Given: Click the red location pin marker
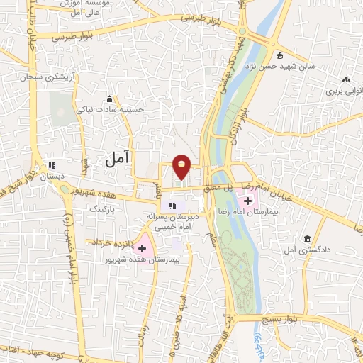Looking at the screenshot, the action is click(x=182, y=166).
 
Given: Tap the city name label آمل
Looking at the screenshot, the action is click(x=118, y=160).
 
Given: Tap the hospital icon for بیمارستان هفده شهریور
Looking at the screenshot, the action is click(x=142, y=248).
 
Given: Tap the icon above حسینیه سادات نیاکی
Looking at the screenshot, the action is click(x=109, y=99).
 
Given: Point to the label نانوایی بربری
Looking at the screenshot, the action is click(x=345, y=91).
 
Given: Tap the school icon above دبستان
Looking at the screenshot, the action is click(x=50, y=162).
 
